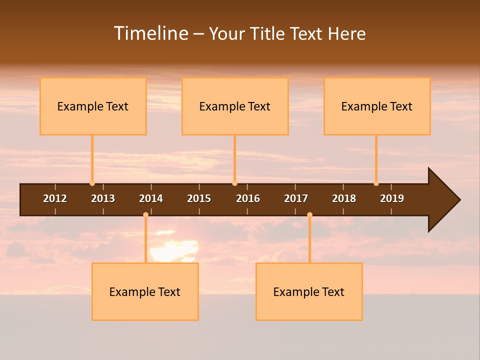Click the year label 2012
tap(55, 198)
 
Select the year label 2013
tap(103, 198)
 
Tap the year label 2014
tap(151, 198)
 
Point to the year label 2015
tap(199, 198)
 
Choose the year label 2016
tap(248, 198)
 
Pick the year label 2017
tap(296, 198)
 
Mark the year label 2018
tap(344, 198)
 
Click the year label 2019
tap(392, 198)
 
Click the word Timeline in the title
tap(149, 33)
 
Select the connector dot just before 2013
tap(92, 183)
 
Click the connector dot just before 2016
tap(234, 183)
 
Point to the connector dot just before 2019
tap(376, 183)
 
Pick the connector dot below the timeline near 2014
tap(145, 214)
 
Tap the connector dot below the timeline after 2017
tap(309, 214)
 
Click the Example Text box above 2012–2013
tap(93, 106)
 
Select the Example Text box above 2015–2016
tap(235, 106)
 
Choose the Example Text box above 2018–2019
tap(377, 106)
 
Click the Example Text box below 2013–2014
tap(145, 291)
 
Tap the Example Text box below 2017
tap(309, 291)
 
